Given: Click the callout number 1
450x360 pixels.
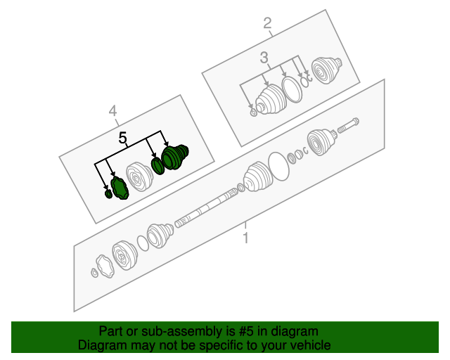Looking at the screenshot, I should click(245, 239).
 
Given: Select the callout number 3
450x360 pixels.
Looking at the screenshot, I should click(264, 58).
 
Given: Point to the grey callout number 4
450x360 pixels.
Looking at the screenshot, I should click(112, 110).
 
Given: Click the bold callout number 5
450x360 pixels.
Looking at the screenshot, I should click(123, 139).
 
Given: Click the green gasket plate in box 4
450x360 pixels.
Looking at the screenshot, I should click(119, 188).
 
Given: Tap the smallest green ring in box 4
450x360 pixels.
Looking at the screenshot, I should click(108, 194).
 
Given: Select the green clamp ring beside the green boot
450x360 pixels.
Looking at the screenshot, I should click(157, 166).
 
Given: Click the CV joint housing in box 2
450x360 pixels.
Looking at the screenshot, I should click(326, 71).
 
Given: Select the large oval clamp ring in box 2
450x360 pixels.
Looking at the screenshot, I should click(290, 89).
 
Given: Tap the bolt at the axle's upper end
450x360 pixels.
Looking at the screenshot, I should click(349, 127).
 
